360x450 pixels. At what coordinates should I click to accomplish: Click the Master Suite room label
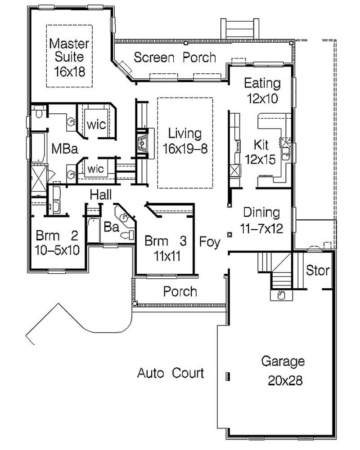pos(69,50)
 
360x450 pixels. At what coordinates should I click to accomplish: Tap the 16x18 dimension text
pos(69,71)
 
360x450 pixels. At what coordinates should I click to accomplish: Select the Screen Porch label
pos(175,58)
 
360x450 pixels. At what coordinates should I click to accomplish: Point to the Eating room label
pos(262,83)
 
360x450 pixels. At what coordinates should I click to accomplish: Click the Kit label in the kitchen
pos(261,145)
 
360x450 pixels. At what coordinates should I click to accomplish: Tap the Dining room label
pos(261,213)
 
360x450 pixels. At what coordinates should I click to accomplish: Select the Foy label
pos(210,242)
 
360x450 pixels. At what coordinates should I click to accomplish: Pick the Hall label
pos(101,195)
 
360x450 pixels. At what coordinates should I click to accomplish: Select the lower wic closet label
pos(96,169)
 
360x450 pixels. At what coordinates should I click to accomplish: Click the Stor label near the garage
pos(318,271)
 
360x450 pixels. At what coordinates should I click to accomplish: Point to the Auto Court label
pos(171,373)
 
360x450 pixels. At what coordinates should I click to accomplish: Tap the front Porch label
pos(180,292)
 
